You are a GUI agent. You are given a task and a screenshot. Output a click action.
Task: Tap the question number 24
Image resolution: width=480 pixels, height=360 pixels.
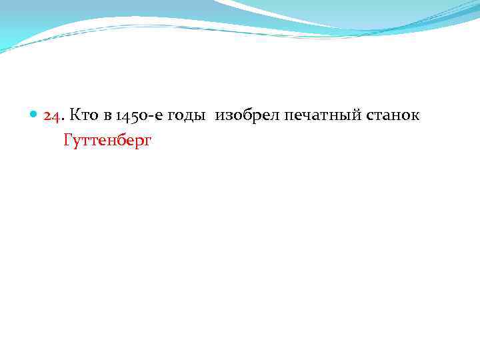52,116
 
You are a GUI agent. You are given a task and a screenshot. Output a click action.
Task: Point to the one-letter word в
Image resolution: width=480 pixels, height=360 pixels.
107,117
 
